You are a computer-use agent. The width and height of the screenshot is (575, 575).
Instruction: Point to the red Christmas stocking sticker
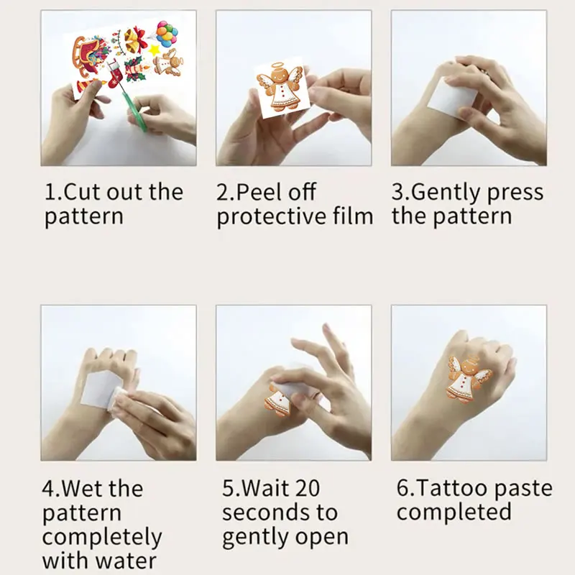tap(116, 71)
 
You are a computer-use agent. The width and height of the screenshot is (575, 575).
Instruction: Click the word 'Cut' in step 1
tap(84, 193)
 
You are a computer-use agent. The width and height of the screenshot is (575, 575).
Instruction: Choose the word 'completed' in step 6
tap(454, 512)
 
